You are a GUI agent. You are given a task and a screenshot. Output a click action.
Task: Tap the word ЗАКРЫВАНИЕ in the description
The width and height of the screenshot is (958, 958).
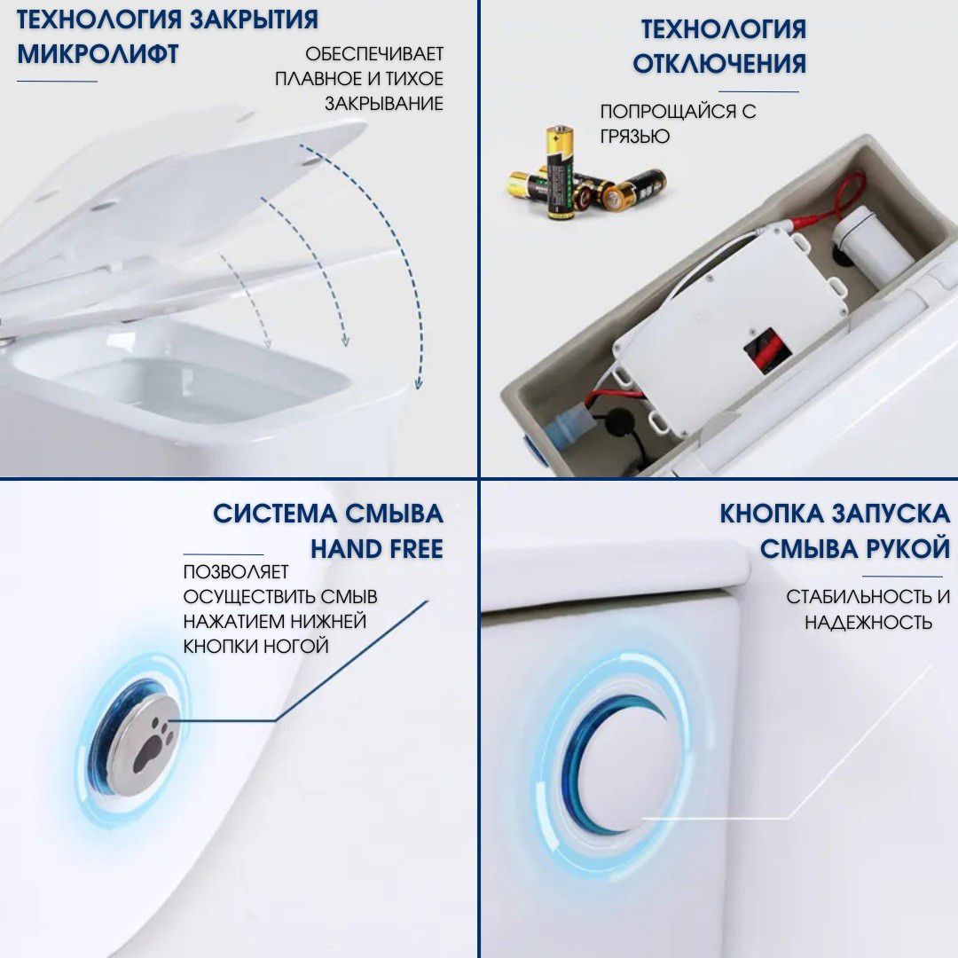pyautogui.click(x=383, y=104)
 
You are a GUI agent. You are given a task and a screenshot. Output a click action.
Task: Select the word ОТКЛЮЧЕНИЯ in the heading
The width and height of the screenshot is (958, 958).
pyautogui.click(x=719, y=63)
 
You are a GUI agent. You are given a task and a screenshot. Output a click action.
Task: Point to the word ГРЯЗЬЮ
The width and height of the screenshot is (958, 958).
pyautogui.click(x=634, y=136)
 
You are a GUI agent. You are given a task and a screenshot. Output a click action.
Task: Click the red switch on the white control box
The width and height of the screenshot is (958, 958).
pyautogui.click(x=764, y=347)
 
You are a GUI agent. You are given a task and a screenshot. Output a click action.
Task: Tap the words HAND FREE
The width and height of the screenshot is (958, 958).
pyautogui.click(x=376, y=549)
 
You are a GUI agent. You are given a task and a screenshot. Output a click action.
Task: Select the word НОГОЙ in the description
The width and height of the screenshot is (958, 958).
pyautogui.click(x=296, y=646)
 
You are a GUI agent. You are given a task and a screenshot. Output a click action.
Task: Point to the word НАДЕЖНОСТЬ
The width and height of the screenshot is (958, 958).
pyautogui.click(x=868, y=622)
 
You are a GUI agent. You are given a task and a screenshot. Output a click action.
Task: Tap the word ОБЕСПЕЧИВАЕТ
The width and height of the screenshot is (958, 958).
pyautogui.click(x=374, y=54)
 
